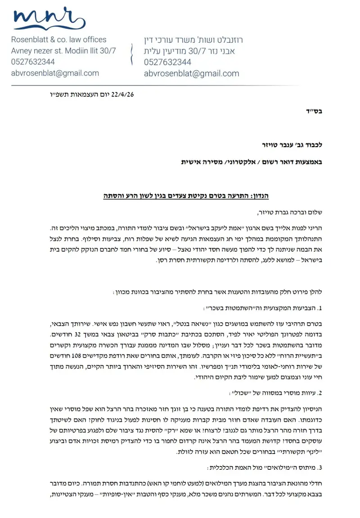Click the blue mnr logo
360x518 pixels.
pos(49,19)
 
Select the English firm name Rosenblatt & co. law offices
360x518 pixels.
pos(58,40)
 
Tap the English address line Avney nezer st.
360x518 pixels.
pos(63,51)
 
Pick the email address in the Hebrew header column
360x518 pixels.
pos(192,73)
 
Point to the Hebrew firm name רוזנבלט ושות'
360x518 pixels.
pos(193,40)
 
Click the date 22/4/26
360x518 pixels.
pos(125,95)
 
